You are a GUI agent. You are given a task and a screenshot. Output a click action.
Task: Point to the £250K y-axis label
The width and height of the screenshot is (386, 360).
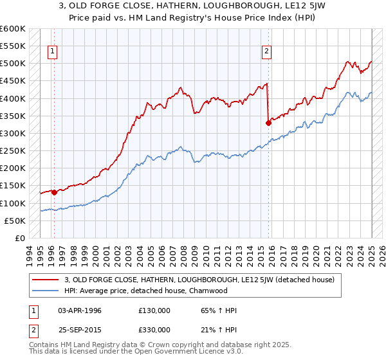click(x=13, y=150)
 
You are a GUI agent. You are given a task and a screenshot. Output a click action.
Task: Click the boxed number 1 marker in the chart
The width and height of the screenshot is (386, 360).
click(x=52, y=53)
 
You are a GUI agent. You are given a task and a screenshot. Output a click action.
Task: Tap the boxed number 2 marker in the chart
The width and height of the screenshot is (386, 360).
click(x=266, y=53)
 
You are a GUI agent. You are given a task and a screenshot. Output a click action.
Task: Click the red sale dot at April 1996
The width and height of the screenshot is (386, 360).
click(x=54, y=192)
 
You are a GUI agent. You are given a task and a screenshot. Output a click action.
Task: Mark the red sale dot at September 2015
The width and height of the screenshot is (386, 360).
click(x=268, y=123)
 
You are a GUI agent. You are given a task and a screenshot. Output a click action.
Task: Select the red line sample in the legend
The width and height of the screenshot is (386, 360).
click(x=46, y=280)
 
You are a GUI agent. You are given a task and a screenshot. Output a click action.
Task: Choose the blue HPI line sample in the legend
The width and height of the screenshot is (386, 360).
click(x=46, y=291)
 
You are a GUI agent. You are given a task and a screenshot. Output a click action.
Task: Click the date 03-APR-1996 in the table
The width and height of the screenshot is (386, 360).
click(x=80, y=310)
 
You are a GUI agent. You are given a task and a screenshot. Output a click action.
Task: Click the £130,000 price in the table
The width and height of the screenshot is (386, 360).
click(x=154, y=310)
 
